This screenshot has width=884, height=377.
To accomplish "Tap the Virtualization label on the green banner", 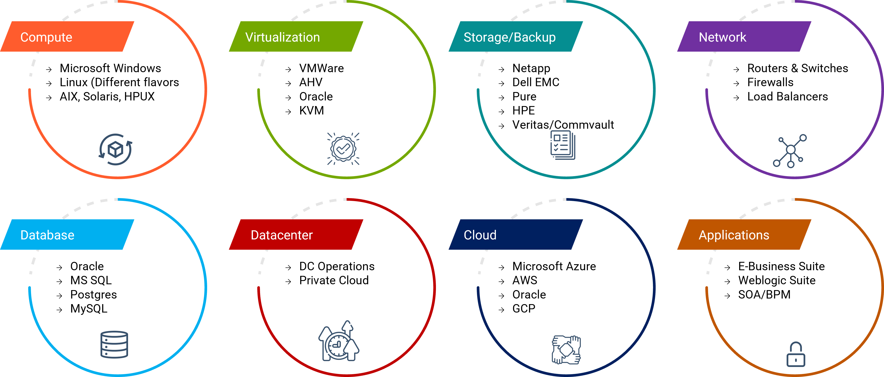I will point(282,37).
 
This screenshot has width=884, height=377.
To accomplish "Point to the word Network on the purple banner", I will point(722,37).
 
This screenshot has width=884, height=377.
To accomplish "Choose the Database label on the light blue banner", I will point(47,235).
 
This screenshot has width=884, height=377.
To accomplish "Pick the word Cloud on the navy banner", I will point(480,235).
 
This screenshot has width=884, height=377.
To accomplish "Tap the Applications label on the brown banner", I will point(734,235).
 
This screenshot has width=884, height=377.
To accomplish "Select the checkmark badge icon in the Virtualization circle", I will point(343,149).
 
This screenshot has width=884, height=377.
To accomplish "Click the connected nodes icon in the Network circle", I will point(790,150).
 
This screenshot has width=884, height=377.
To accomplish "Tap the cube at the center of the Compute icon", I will point(115,149).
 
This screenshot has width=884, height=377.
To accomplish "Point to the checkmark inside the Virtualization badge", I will point(343,149).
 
